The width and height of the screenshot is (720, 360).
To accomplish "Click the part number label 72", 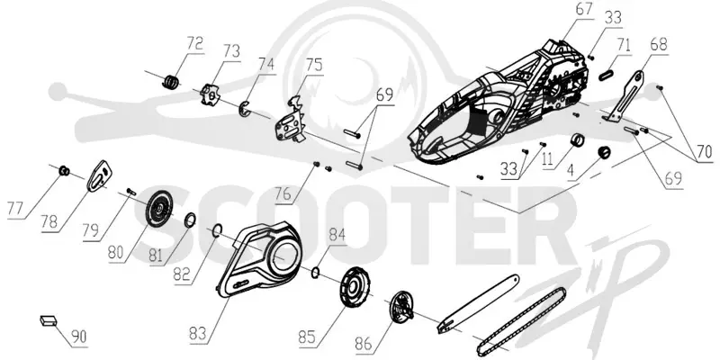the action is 194,44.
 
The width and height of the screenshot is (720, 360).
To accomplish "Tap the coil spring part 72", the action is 171,81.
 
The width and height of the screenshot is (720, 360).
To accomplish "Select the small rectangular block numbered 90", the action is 48,320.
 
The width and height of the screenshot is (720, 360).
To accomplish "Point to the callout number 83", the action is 198,333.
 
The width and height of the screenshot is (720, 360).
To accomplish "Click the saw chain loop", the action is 521,322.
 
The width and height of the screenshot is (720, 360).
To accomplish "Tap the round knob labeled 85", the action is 355,285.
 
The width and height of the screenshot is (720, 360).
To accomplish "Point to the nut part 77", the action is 64,171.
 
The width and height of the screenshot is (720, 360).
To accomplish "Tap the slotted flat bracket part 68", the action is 627,97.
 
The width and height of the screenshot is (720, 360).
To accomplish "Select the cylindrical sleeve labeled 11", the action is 578,139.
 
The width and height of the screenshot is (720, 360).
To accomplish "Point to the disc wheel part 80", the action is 159,210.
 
